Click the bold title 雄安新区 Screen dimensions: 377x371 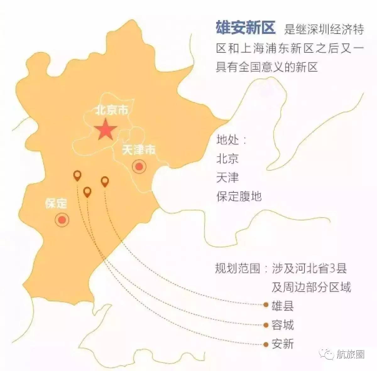tap(245, 28)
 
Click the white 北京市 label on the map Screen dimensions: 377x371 tap(112, 110)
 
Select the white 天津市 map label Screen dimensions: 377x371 tap(139, 150)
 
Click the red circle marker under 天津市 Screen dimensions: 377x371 tap(139, 166)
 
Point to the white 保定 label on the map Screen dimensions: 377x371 tap(56, 203)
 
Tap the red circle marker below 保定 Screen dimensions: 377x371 tap(62, 220)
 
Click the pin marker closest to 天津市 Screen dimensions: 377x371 tap(105, 181)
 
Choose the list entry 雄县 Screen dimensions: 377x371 tap(283, 305)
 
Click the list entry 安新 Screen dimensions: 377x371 tap(283, 344)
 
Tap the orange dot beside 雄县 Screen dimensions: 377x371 tap(266, 305)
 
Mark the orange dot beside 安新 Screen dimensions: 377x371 tap(266, 344)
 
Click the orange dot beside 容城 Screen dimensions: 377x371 tap(266, 325)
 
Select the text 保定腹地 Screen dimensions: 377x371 tap(239, 196)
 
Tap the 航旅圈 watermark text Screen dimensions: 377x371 tap(351, 355)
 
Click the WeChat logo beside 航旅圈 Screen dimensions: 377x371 tap(328, 355)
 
